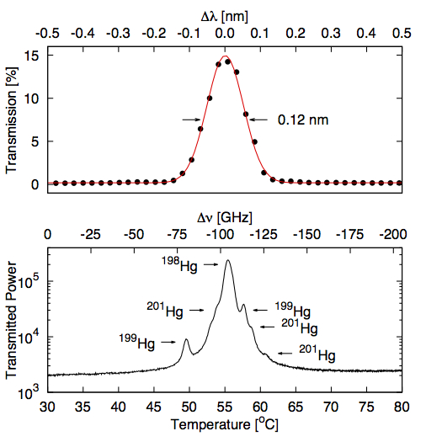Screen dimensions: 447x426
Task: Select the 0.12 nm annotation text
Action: point(302,120)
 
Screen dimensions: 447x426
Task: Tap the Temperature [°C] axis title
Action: point(225,423)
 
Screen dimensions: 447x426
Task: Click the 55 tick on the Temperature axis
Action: point(225,407)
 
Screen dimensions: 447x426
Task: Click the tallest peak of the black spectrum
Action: point(227,261)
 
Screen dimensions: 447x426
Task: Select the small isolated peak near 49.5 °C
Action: point(186,340)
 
